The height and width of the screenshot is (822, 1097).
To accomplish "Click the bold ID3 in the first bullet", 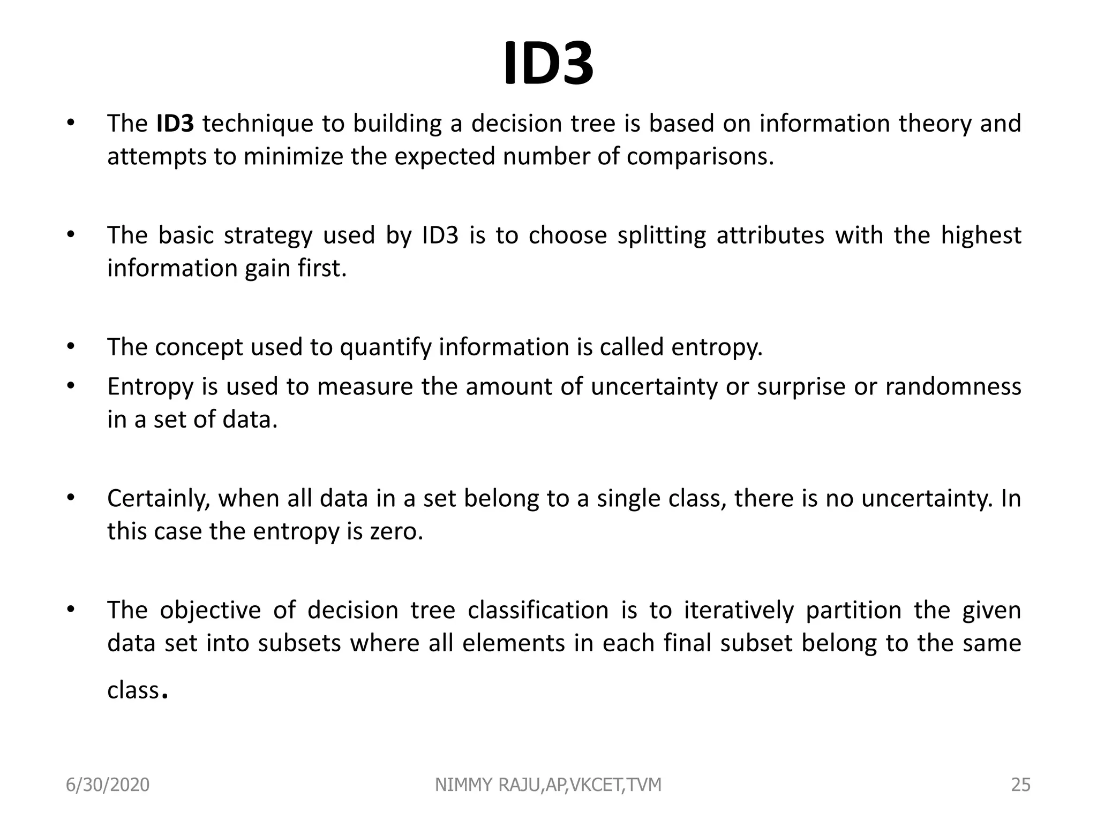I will [x=175, y=124].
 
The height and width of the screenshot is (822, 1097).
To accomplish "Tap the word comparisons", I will [x=700, y=156].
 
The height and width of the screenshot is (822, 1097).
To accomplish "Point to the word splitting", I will [x=662, y=235].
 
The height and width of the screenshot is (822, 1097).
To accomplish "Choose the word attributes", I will [x=770, y=235].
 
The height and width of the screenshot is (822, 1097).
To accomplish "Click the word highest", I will [x=981, y=235].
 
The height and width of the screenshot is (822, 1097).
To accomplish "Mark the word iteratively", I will [x=739, y=611].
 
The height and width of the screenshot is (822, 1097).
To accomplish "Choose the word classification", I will [x=538, y=611].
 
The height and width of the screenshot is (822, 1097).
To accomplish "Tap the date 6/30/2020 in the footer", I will [x=108, y=785].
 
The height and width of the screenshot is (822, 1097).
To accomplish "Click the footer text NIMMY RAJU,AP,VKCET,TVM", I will [x=548, y=785].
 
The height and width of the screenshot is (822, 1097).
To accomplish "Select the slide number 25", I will [x=1020, y=785].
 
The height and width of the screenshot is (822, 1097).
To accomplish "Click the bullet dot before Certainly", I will [x=70, y=498].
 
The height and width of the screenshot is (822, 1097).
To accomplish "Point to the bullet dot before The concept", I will [x=70, y=346].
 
